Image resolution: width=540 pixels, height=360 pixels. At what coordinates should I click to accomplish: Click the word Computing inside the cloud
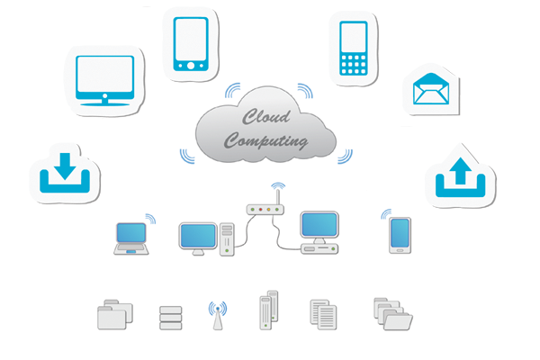pos(266,141)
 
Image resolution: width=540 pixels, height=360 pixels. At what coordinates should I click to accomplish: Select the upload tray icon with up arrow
pos(460,176)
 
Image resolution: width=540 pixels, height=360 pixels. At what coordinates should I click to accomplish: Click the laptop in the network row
pos(131,238)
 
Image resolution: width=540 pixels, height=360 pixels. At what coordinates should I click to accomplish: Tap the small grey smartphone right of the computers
pos(400,236)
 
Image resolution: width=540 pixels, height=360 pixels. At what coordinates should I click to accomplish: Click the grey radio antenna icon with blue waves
pos(217,314)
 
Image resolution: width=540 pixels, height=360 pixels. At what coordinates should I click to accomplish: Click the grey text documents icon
pos(322,313)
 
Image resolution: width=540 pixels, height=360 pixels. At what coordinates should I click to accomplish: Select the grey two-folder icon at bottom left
pos(114,314)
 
